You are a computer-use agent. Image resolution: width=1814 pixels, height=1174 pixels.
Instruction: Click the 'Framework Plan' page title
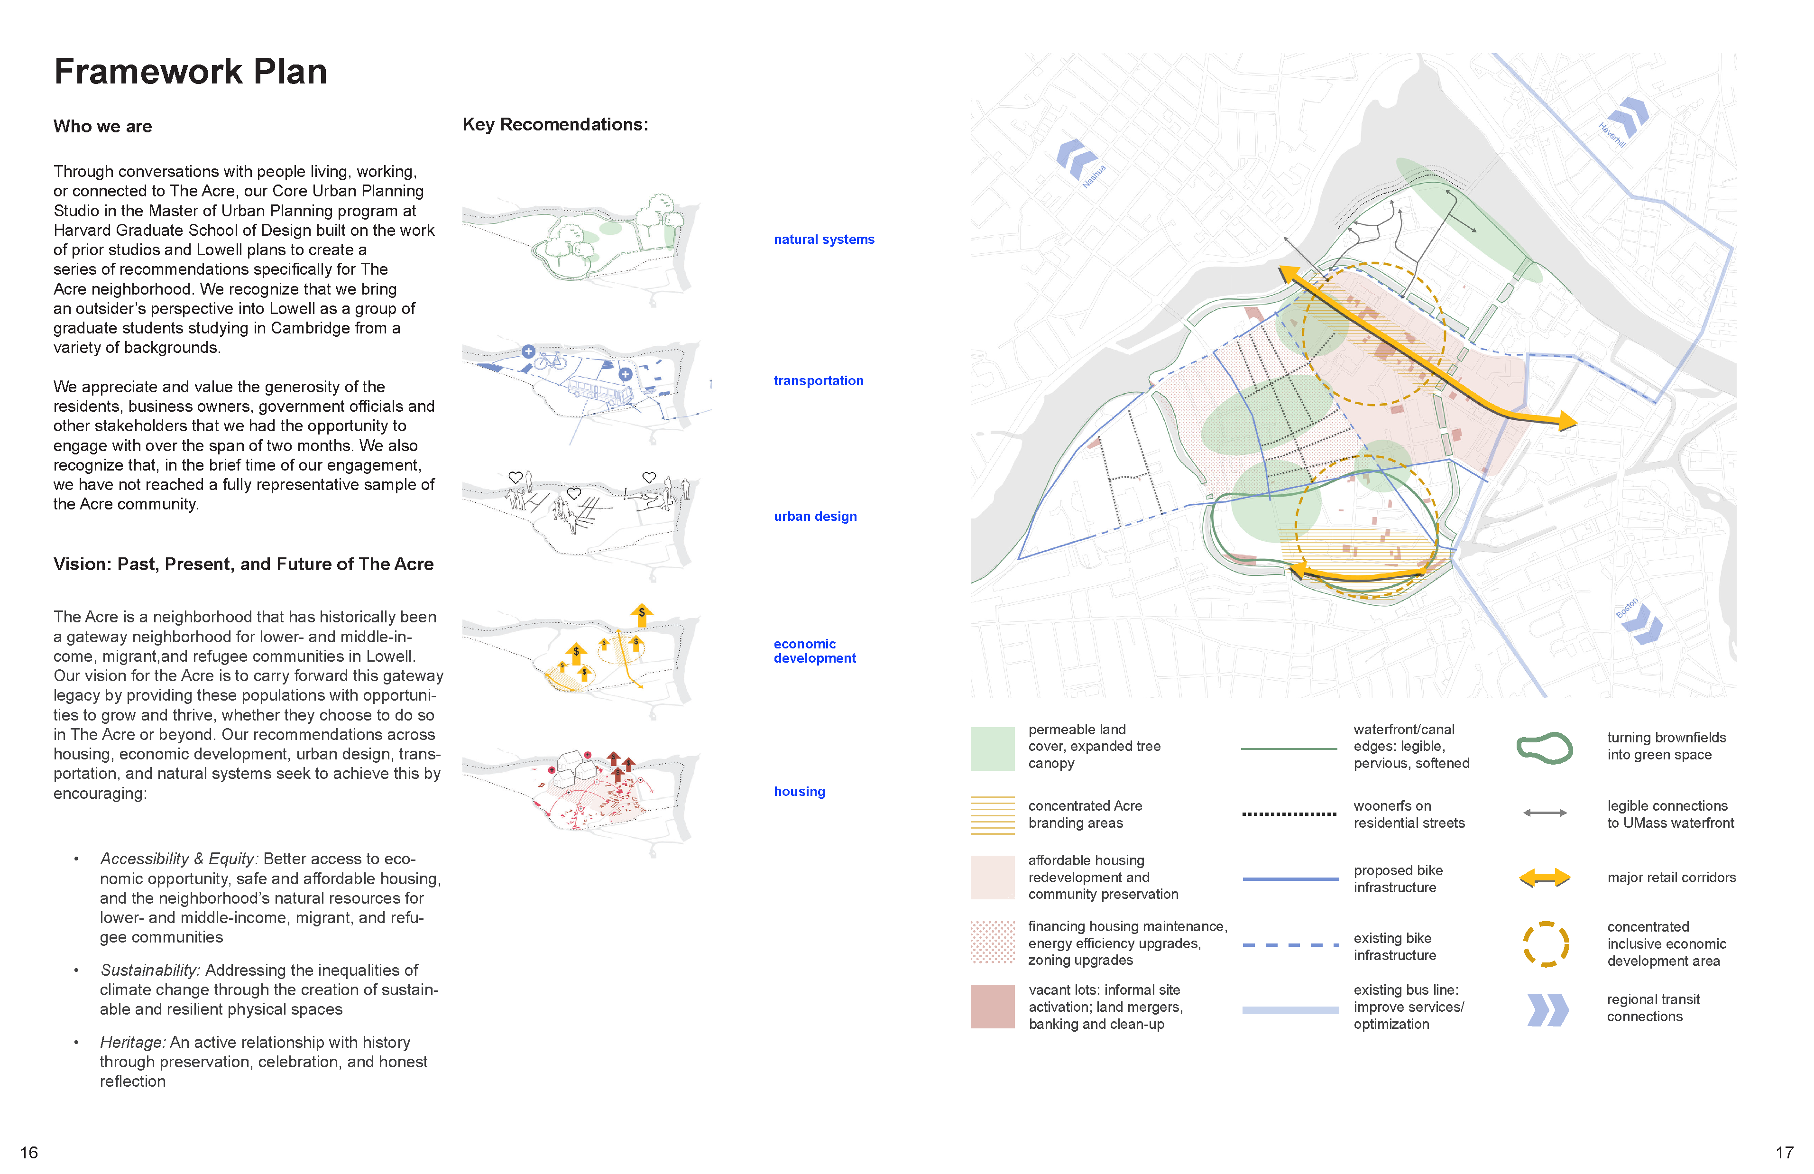pyautogui.click(x=191, y=72)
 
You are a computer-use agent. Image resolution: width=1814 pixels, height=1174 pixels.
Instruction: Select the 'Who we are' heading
pyautogui.click(x=103, y=127)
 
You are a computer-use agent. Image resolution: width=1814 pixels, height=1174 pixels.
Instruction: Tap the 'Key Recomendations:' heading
pyautogui.click(x=555, y=124)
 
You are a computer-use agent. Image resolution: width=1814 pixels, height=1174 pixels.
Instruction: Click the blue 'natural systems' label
pyautogui.click(x=824, y=240)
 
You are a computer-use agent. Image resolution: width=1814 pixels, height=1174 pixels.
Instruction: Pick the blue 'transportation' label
pyautogui.click(x=819, y=380)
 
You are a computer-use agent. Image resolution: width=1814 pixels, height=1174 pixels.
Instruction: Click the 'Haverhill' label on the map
pyautogui.click(x=1612, y=135)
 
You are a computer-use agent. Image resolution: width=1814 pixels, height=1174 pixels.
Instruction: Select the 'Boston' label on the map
pyautogui.click(x=1627, y=608)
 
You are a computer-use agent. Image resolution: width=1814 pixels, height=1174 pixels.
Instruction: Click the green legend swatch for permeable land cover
pyautogui.click(x=992, y=749)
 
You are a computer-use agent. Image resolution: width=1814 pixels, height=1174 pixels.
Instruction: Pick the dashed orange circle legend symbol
pyautogui.click(x=1546, y=944)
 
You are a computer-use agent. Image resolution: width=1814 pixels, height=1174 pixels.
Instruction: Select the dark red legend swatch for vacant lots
pyautogui.click(x=992, y=1006)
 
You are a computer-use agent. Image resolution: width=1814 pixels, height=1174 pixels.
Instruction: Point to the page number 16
pyautogui.click(x=29, y=1152)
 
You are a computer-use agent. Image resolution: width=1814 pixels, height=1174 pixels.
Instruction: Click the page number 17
pyautogui.click(x=1784, y=1152)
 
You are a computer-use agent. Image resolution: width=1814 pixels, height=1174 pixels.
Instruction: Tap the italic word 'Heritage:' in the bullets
pyautogui.click(x=133, y=1042)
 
